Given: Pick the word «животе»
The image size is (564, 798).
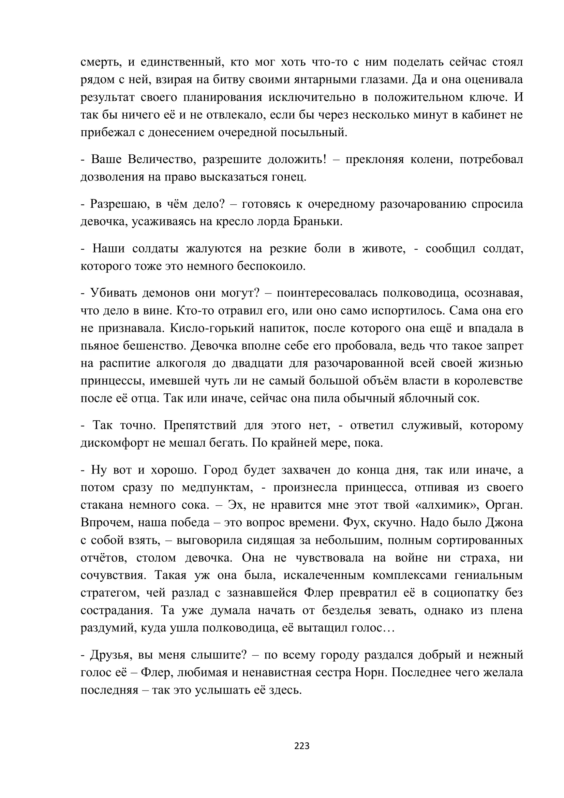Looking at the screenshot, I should coord(385,248).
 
